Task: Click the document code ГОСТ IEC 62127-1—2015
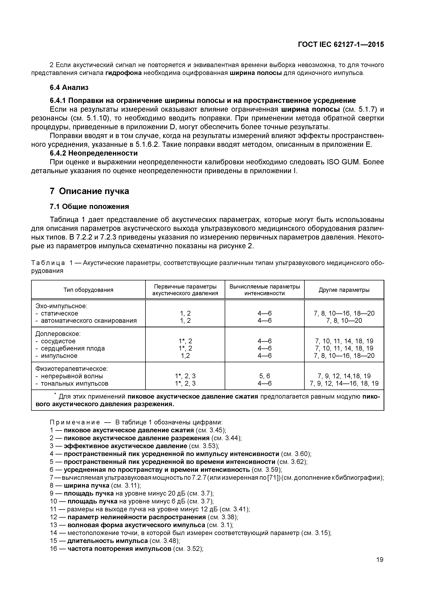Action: (341, 45)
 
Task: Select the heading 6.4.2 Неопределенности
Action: (94, 153)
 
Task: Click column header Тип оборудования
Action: (88, 290)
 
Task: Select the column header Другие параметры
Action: (344, 290)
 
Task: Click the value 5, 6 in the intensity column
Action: (264, 376)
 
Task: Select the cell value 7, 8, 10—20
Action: (344, 321)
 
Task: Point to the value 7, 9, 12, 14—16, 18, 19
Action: (344, 383)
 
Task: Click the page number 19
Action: (380, 560)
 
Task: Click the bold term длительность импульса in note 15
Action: (107, 541)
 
